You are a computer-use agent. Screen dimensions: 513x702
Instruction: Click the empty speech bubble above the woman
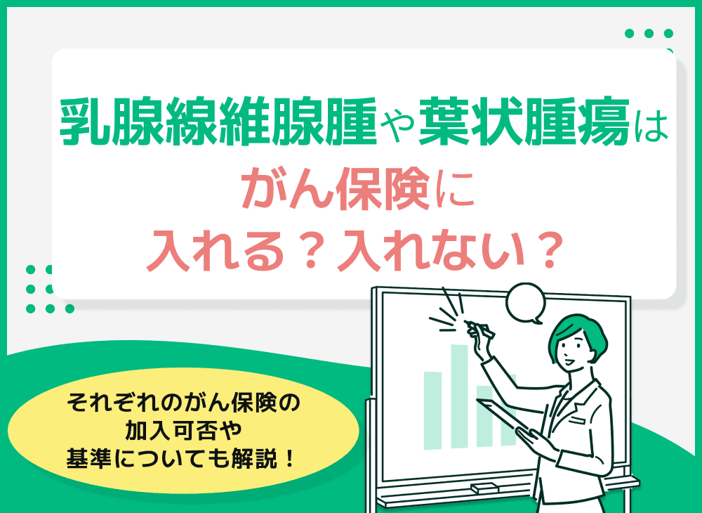tap(526, 303)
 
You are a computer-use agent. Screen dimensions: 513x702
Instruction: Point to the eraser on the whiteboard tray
tap(484, 487)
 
